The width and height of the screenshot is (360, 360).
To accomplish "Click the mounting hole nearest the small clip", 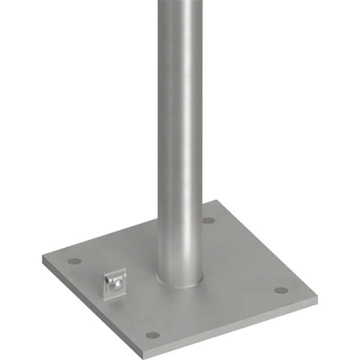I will [x=74, y=261].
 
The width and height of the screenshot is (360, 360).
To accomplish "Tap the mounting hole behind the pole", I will [x=209, y=220].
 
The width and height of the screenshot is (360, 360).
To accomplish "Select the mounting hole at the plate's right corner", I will [x=281, y=290].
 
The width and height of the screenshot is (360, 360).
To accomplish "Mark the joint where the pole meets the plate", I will [x=180, y=283].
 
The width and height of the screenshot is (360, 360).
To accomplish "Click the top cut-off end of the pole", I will [x=180, y=2].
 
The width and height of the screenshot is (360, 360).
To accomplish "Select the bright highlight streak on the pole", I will [x=188, y=141].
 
